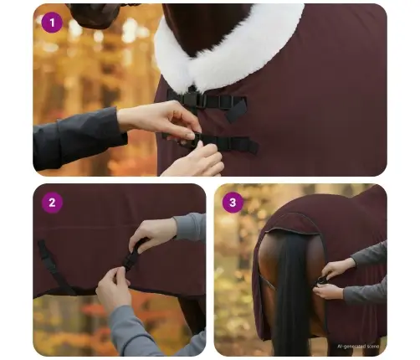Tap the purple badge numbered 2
[52, 202]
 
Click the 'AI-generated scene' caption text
[357, 345]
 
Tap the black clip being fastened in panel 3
[321, 280]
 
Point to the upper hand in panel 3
[339, 268]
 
